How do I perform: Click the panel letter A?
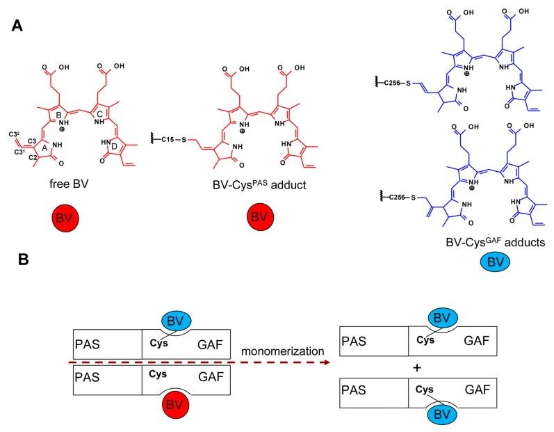pos(17,26)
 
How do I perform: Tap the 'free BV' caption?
pos(69,184)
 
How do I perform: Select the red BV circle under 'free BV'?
pos(65,218)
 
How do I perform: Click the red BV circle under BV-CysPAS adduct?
pos(260,216)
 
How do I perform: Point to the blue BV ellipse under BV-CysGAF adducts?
pos(495,262)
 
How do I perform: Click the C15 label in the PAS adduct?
pos(168,140)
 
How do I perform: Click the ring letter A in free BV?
pos(44,148)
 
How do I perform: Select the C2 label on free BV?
pos(33,157)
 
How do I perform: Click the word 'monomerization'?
pos(283,351)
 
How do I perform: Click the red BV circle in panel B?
pos(175,405)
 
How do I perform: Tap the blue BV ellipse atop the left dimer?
pos(176,321)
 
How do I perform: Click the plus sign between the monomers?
pos(417,368)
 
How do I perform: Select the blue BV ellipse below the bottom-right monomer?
pos(441,414)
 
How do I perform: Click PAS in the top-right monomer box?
pos(354,341)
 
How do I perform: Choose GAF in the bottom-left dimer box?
pos(211,376)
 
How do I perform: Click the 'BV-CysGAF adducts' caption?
pos(496,242)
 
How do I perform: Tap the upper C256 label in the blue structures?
pos(392,83)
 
